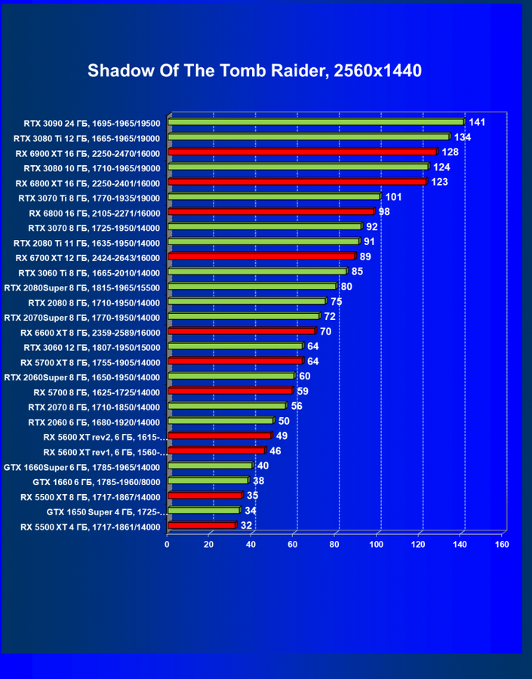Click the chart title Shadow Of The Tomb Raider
pyautogui.click(x=254, y=71)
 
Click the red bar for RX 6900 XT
pyautogui.click(x=302, y=152)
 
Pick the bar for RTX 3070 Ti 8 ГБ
pyautogui.click(x=273, y=197)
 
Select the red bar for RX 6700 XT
pyautogui.click(x=260, y=257)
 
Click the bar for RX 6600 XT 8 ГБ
pyautogui.click(x=241, y=331)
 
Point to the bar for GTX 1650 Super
pyautogui.click(x=203, y=510)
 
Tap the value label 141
pyautogui.click(x=477, y=121)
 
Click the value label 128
pyautogui.click(x=450, y=152)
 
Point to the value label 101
pyautogui.click(x=392, y=197)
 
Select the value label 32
pyautogui.click(x=246, y=525)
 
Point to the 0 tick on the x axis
pyautogui.click(x=168, y=544)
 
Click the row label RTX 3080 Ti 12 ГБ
pyautogui.click(x=88, y=137)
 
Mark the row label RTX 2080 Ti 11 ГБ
pyautogui.click(x=88, y=242)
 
